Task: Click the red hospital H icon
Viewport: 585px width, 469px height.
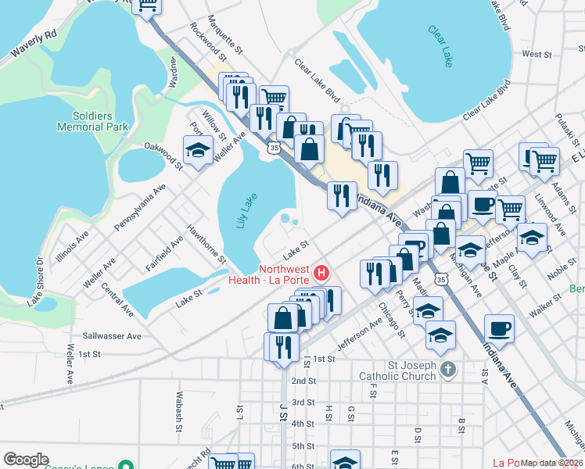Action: tap(321, 274)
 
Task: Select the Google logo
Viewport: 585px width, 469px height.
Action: tap(26, 460)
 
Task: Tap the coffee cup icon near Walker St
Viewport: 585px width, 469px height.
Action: tap(500, 328)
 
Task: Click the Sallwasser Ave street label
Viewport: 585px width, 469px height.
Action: tap(112, 335)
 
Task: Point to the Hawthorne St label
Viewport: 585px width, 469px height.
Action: tap(206, 244)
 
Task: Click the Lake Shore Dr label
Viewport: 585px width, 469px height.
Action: tap(36, 281)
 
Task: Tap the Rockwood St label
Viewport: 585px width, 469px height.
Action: tap(208, 40)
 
